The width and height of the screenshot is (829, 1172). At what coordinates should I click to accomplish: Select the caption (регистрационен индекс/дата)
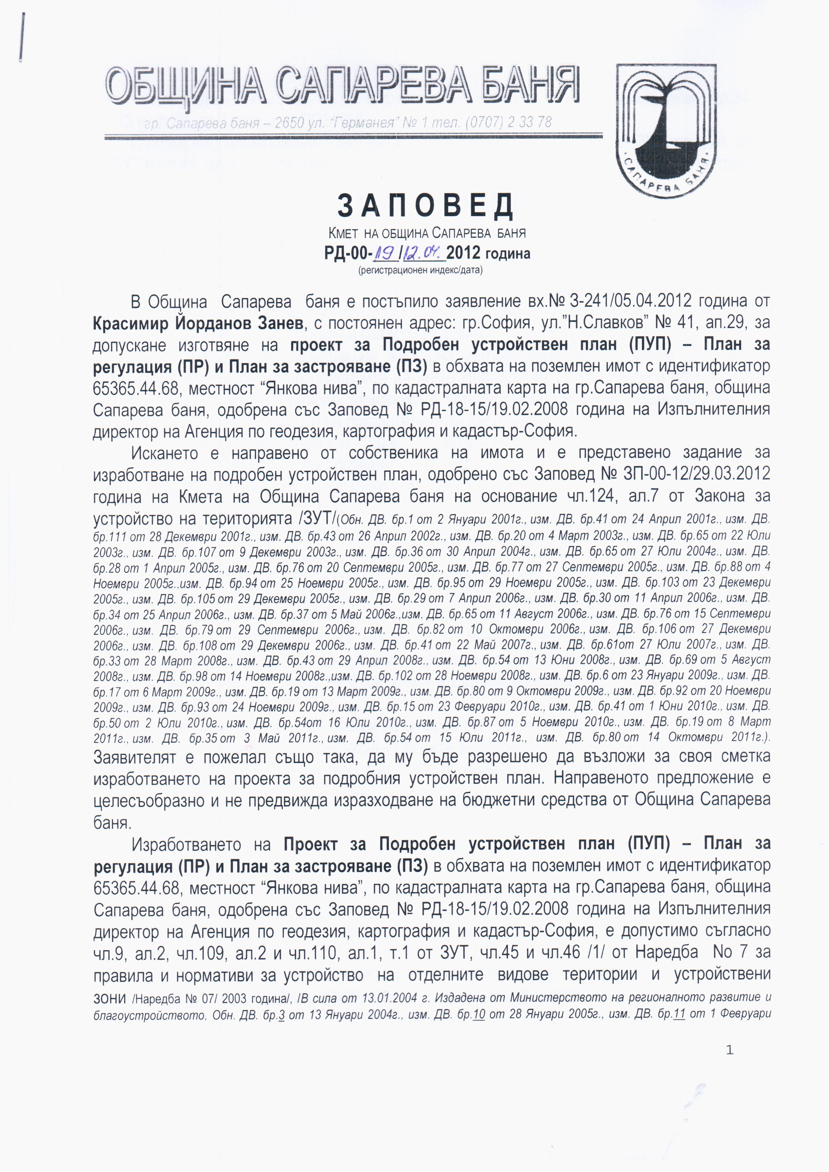click(421, 270)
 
